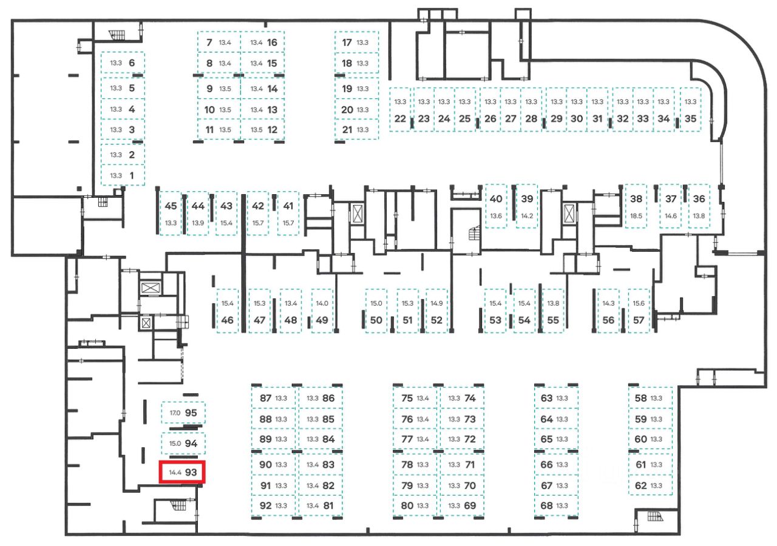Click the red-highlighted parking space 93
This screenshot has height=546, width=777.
coord(183,472)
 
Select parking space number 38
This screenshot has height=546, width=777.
coord(636,199)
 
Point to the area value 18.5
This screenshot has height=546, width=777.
coord(636,216)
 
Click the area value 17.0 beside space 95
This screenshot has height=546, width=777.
coord(175,413)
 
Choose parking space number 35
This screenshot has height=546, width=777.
coord(690,119)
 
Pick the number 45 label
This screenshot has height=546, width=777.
coord(171,206)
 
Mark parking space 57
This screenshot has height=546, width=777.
coord(638,320)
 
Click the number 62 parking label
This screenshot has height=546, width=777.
coord(640,485)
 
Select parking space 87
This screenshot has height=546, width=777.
coord(265,399)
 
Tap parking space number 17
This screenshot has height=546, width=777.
coord(347,42)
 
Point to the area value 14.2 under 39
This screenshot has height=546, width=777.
coord(527,216)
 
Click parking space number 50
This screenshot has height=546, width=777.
coord(376,320)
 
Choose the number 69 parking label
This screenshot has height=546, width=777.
coord(469,505)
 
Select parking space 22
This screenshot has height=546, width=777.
coord(399,119)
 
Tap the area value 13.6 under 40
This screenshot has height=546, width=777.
coord(496,216)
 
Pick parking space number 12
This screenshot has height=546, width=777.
coord(272,130)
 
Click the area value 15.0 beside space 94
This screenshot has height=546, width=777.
coord(175,443)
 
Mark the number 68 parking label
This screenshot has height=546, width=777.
coord(546,505)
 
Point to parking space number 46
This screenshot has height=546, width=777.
coord(228,320)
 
